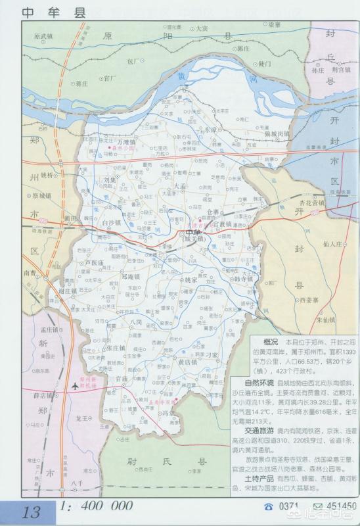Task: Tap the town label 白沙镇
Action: click(113, 223)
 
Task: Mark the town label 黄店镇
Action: click(188, 361)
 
